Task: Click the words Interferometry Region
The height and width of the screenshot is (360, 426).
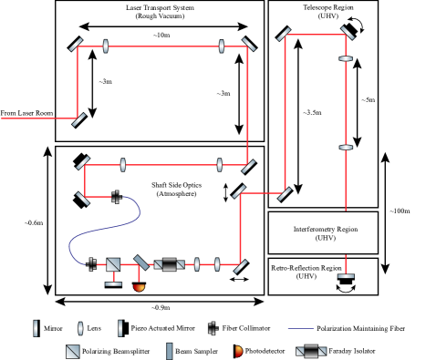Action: click(323, 229)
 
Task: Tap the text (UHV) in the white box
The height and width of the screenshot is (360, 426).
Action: click(323, 238)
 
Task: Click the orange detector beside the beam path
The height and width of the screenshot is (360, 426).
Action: click(139, 287)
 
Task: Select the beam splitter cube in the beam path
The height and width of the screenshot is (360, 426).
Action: click(113, 265)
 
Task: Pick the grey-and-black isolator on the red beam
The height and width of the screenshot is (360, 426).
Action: click(169, 265)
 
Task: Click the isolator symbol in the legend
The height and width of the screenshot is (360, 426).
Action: click(311, 351)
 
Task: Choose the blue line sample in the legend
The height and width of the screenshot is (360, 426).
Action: click(300, 328)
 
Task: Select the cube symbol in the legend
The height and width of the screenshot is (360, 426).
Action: click(73, 351)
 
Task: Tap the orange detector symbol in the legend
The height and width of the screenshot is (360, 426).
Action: click(239, 351)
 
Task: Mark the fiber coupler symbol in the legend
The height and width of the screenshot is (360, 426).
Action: click(213, 328)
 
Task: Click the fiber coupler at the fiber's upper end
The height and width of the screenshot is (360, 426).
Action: click(117, 196)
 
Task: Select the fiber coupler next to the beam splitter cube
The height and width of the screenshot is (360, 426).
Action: click(91, 265)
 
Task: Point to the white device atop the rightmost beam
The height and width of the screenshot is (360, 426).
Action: click(350, 32)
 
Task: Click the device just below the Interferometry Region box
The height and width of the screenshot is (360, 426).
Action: click(346, 279)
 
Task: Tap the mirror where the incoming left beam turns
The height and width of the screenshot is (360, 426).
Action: click(79, 118)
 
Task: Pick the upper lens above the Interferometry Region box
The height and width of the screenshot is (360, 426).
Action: click(346, 59)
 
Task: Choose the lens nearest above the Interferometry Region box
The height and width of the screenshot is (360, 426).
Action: click(346, 148)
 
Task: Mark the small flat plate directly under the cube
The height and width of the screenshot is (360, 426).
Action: click(113, 283)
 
